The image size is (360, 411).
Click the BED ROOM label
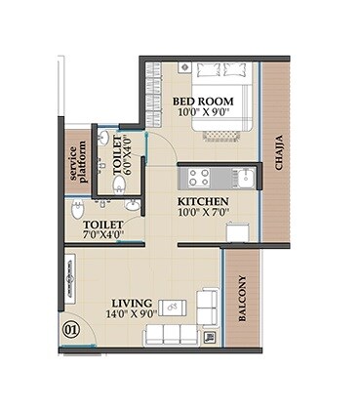click(x=202, y=101)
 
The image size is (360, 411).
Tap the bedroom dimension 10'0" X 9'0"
click(x=202, y=113)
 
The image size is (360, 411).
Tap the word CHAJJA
click(x=278, y=151)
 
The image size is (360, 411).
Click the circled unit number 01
click(x=70, y=330)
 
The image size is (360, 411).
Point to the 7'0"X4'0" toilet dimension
click(x=102, y=233)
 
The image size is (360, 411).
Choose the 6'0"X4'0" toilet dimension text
click(x=123, y=152)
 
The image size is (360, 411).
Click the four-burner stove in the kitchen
click(x=199, y=178)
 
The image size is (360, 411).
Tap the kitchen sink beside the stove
click(x=245, y=178)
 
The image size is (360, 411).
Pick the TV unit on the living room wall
click(x=69, y=277)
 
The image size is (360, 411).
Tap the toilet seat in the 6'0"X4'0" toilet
click(x=119, y=183)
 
